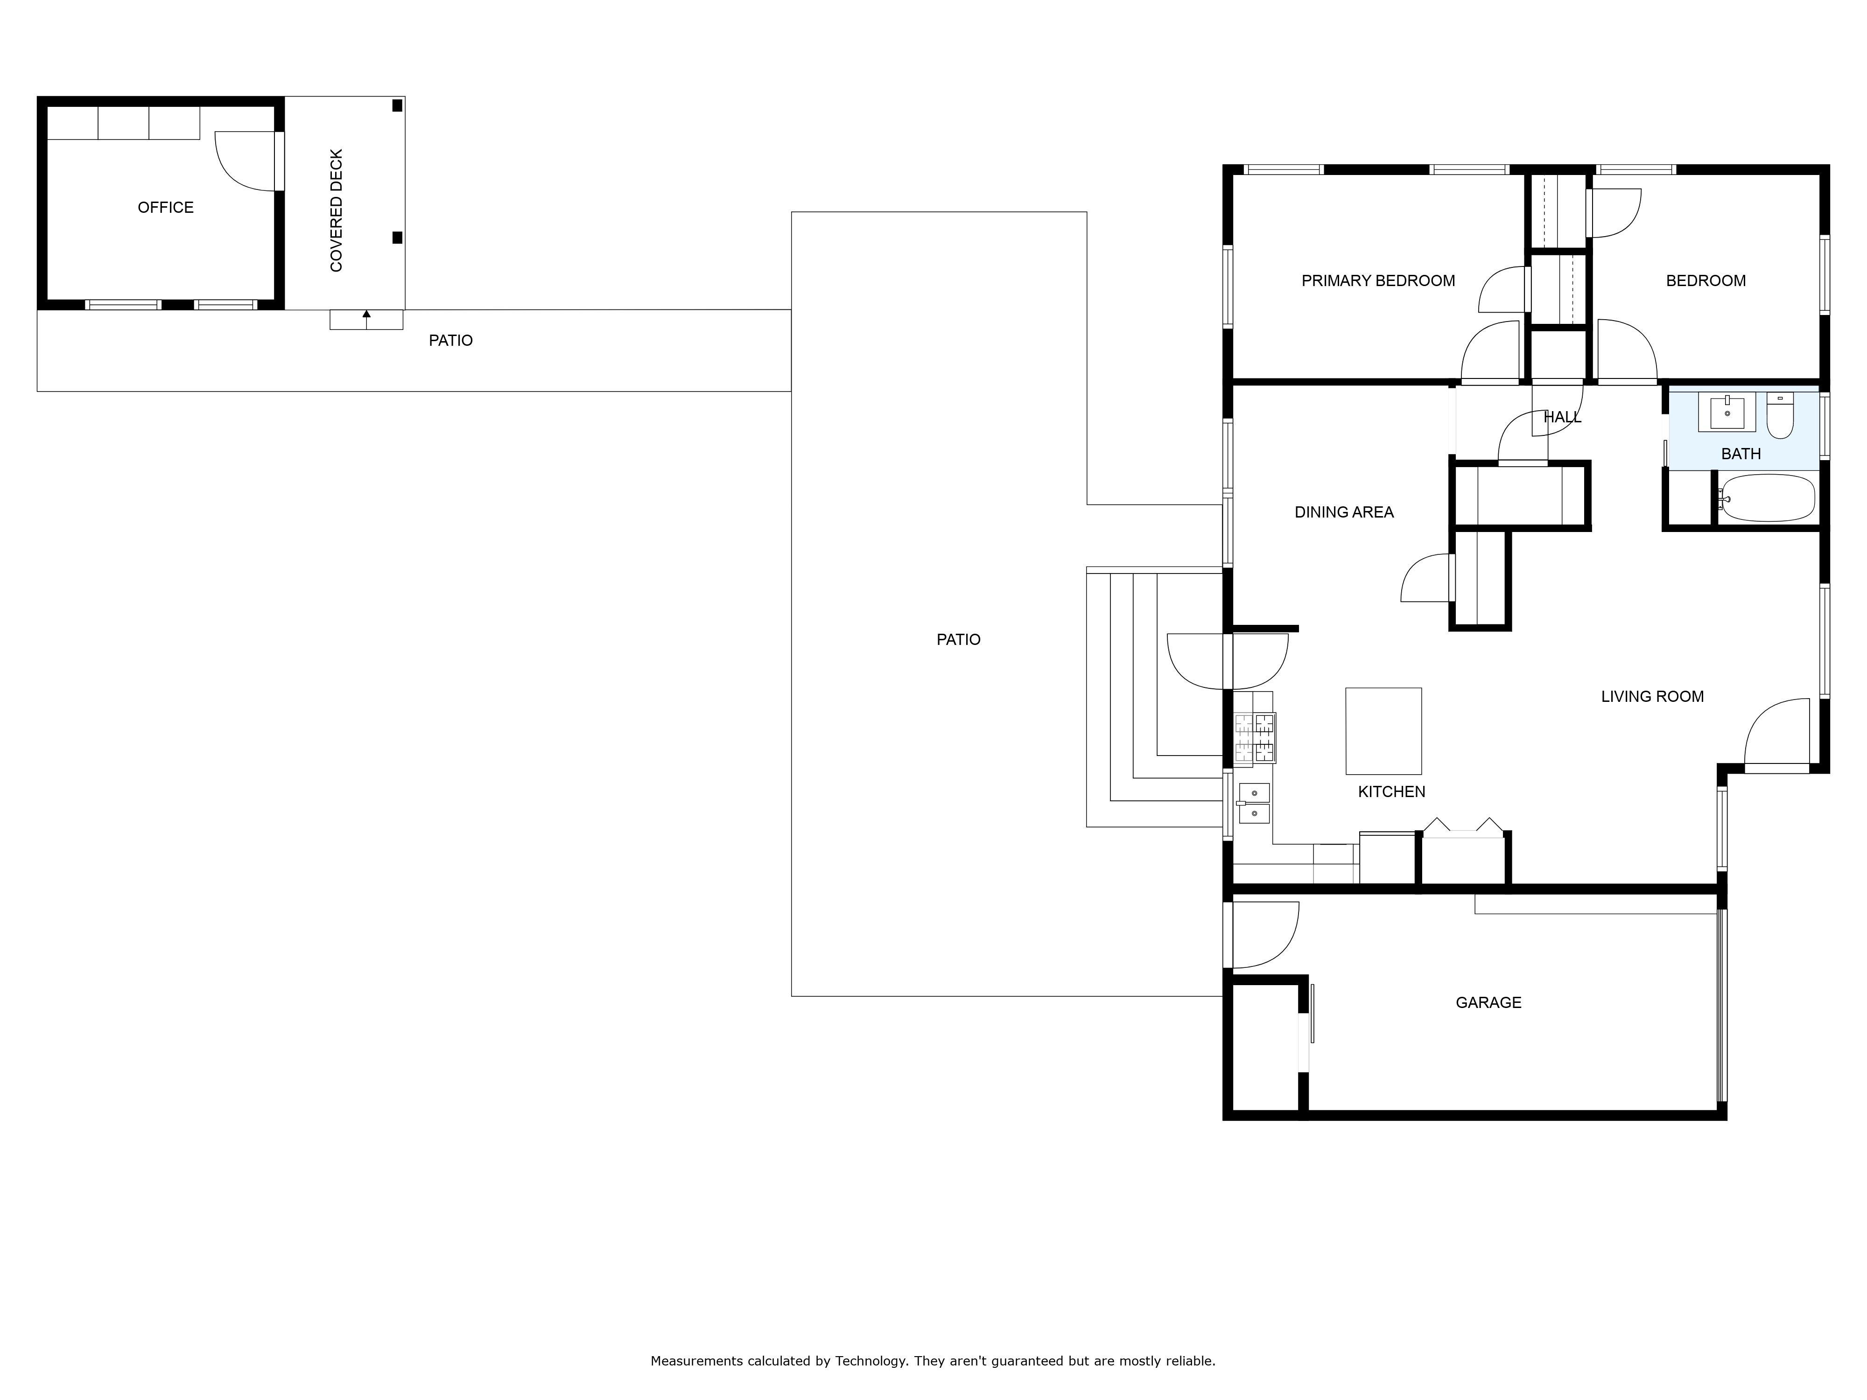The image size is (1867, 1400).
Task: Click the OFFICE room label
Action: pyautogui.click(x=165, y=208)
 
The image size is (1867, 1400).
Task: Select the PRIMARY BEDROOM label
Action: pyautogui.click(x=1378, y=281)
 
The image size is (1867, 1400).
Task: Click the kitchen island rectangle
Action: pyautogui.click(x=1383, y=731)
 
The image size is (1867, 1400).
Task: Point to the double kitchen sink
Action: pyautogui.click(x=1254, y=804)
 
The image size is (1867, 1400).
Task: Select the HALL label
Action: pyautogui.click(x=1562, y=417)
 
